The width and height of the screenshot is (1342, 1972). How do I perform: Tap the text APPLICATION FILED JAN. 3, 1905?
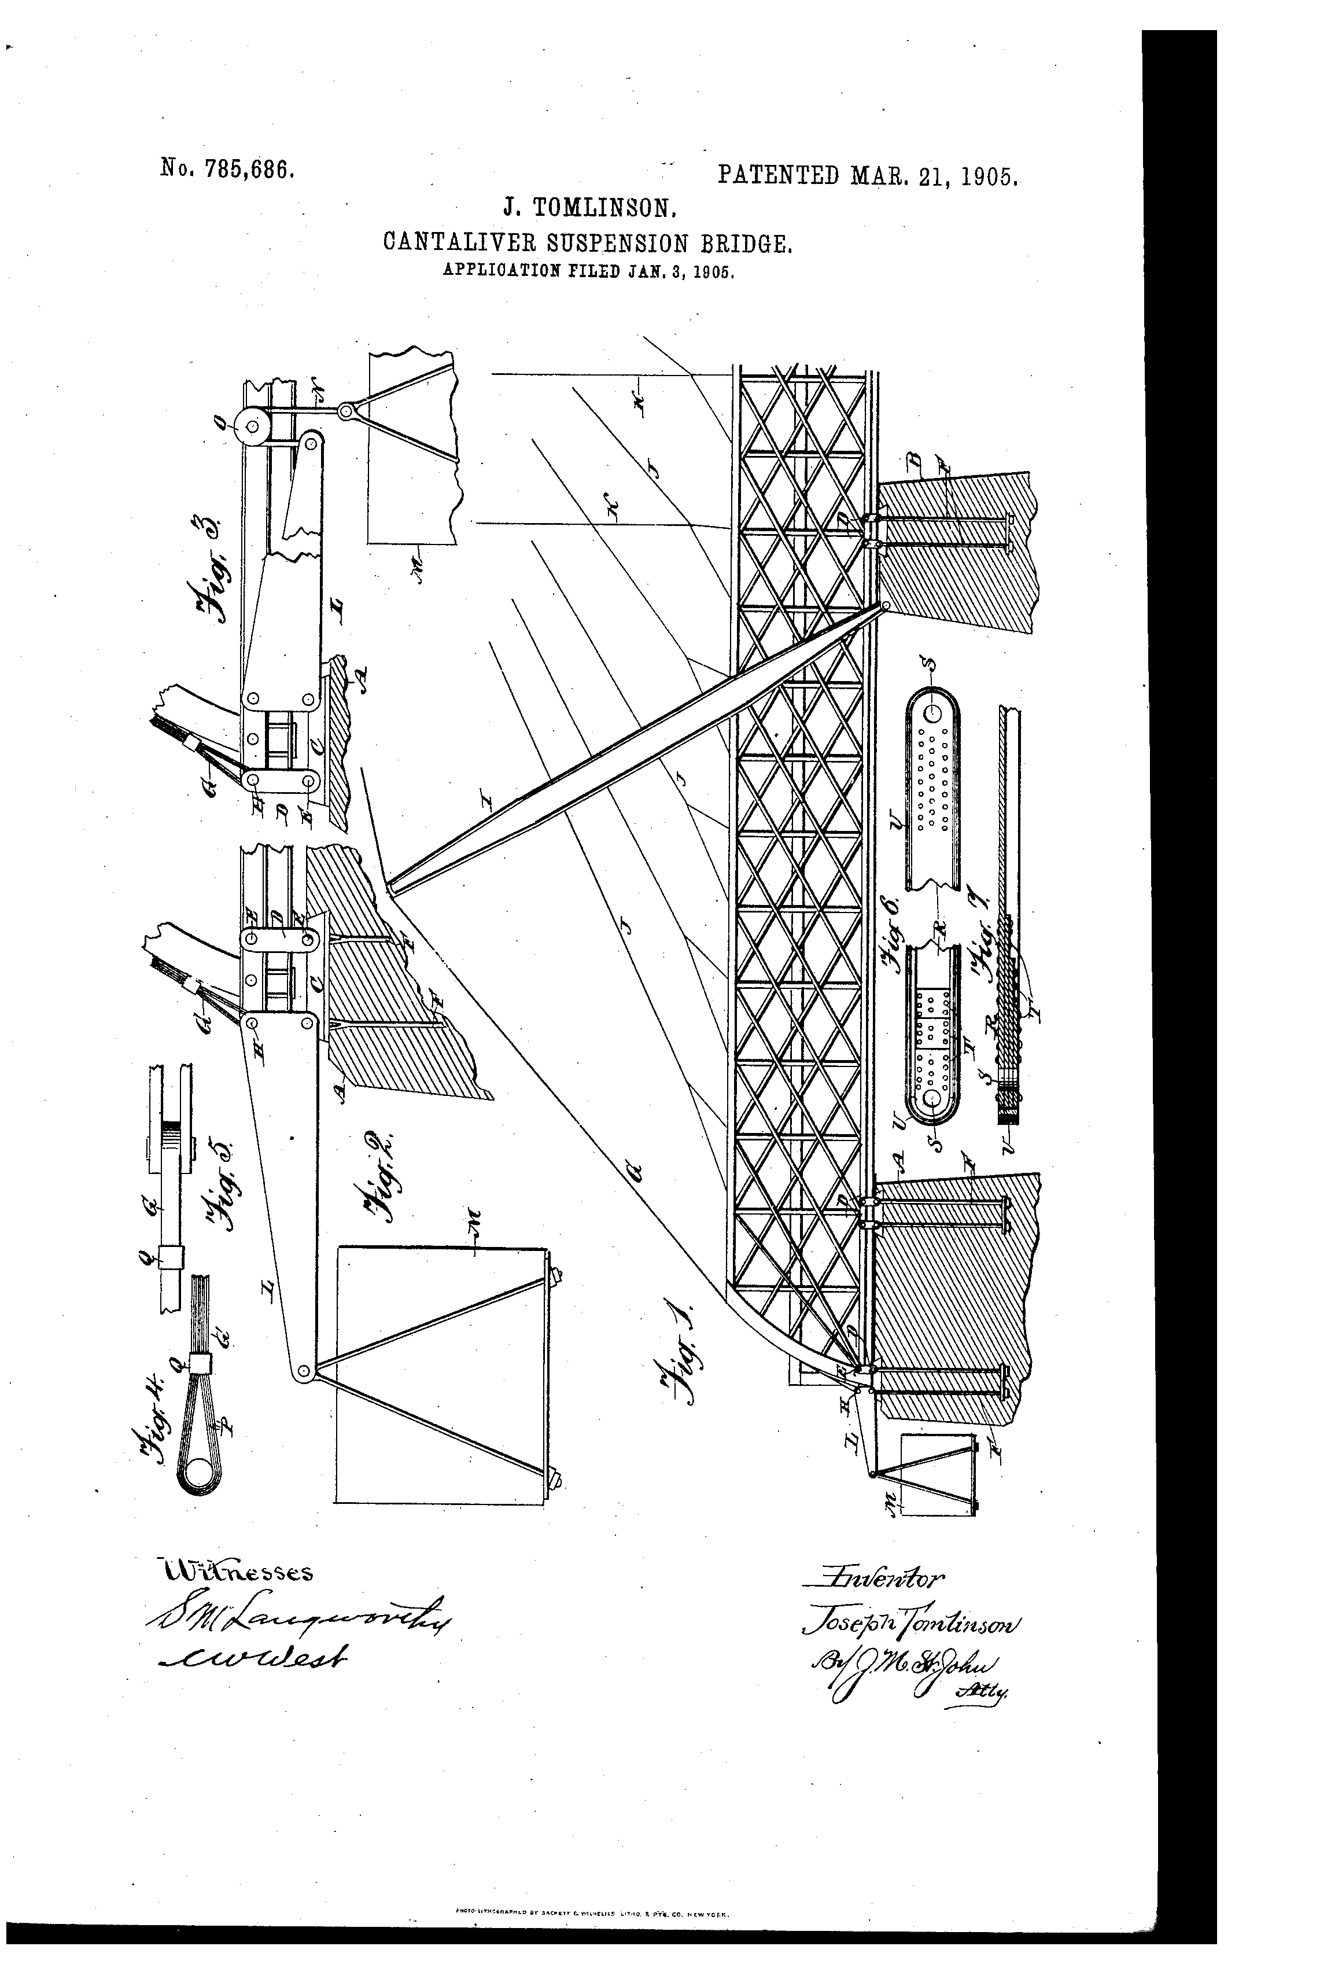pos(587,273)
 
